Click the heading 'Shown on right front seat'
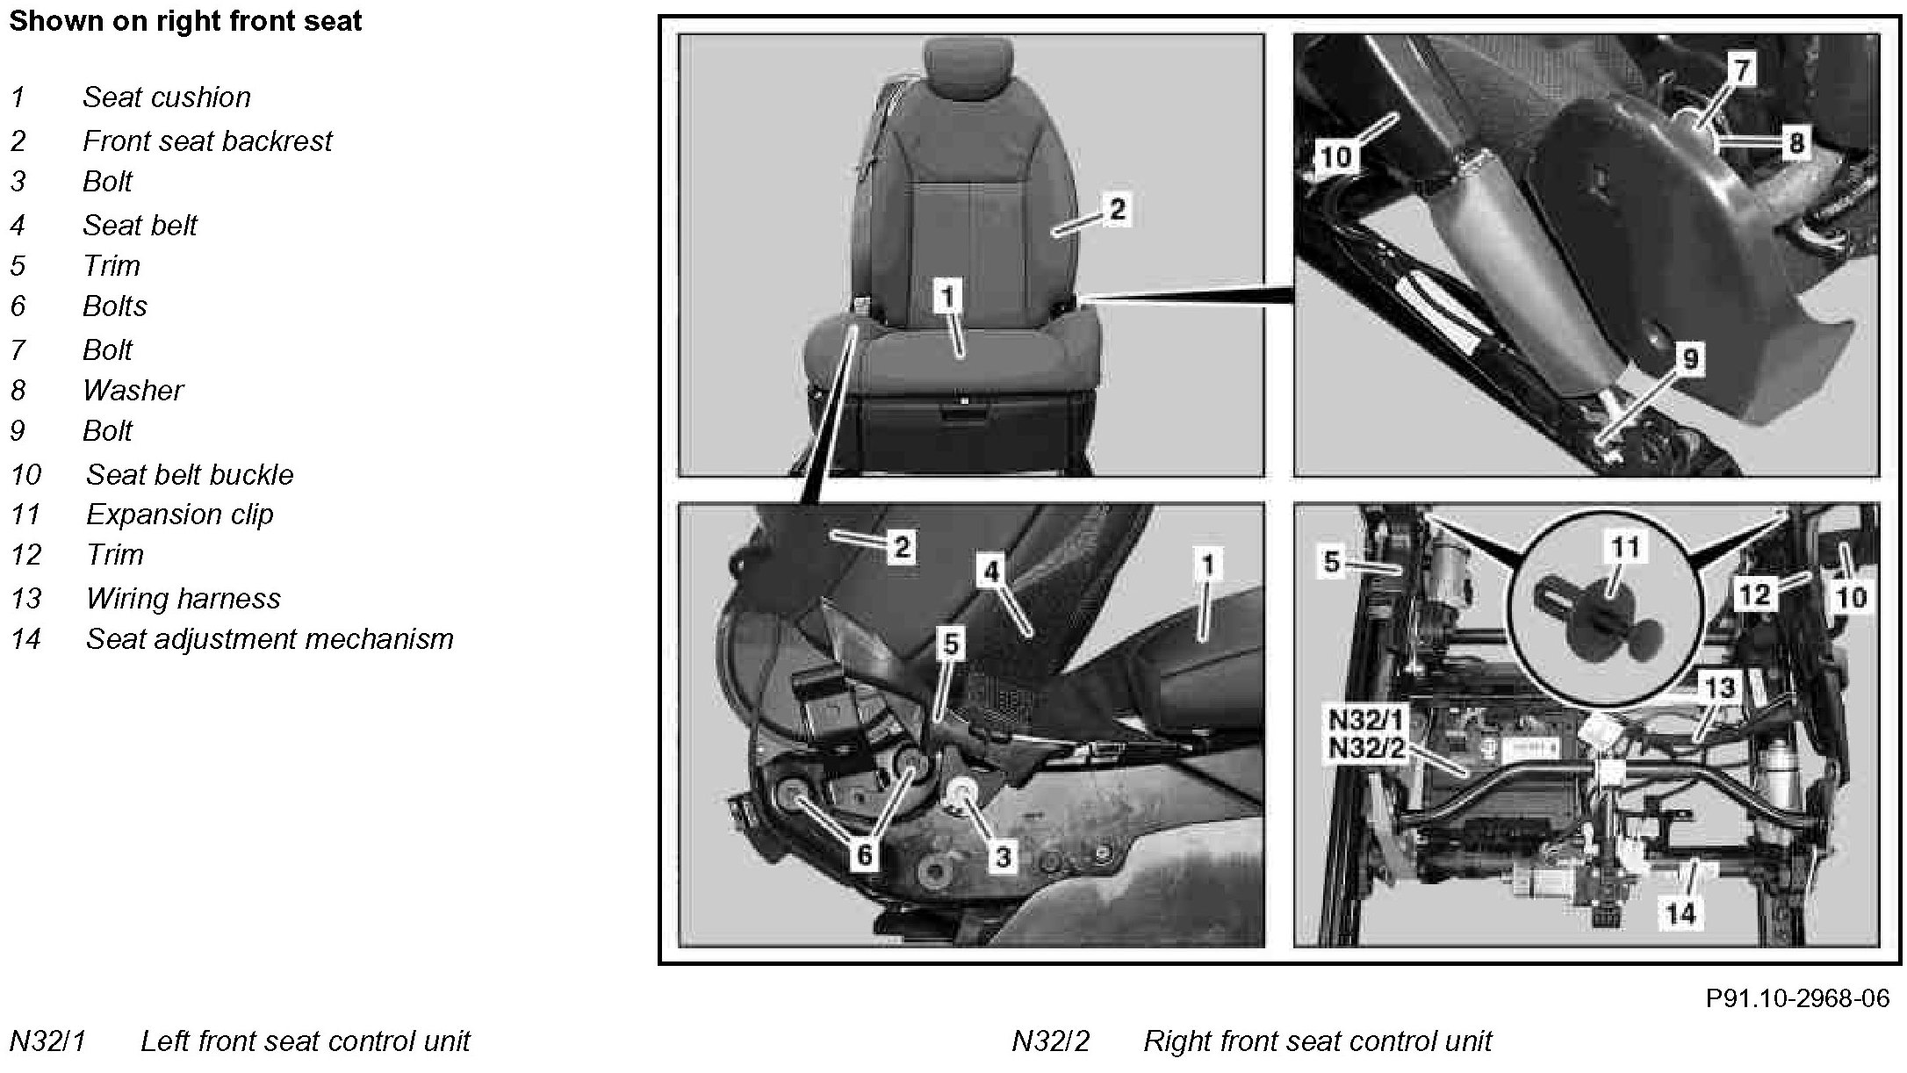pyautogui.click(x=185, y=21)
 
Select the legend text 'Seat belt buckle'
pyautogui.click(x=190, y=474)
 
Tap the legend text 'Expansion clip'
pyautogui.click(x=180, y=515)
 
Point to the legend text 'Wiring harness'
pyautogui.click(x=184, y=598)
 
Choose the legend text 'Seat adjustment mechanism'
pyautogui.click(x=270, y=638)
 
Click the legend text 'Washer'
pyautogui.click(x=133, y=390)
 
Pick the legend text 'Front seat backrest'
pyautogui.click(x=208, y=140)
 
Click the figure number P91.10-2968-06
pyautogui.click(x=1797, y=998)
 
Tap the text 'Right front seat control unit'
pyautogui.click(x=1318, y=1041)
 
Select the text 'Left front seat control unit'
pyautogui.click(x=306, y=1041)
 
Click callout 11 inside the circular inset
pyautogui.click(x=1624, y=547)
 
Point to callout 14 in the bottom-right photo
pyautogui.click(x=1680, y=913)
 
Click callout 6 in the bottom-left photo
pyautogui.click(x=865, y=853)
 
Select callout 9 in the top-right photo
pyautogui.click(x=1690, y=358)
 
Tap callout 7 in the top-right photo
pyautogui.click(x=1742, y=68)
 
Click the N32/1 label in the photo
pyautogui.click(x=1368, y=720)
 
